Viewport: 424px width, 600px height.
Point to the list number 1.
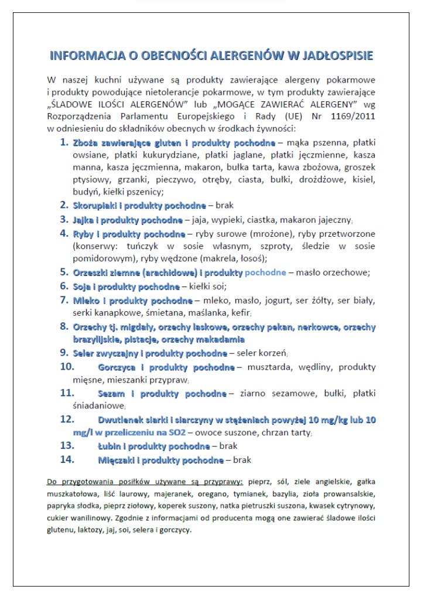[64, 142]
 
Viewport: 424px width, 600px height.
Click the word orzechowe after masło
[345, 272]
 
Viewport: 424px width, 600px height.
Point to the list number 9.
[64, 353]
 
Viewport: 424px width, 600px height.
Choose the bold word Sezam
[111, 394]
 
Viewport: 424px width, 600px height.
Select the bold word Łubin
[110, 446]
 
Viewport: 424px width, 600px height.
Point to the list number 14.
[67, 460]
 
